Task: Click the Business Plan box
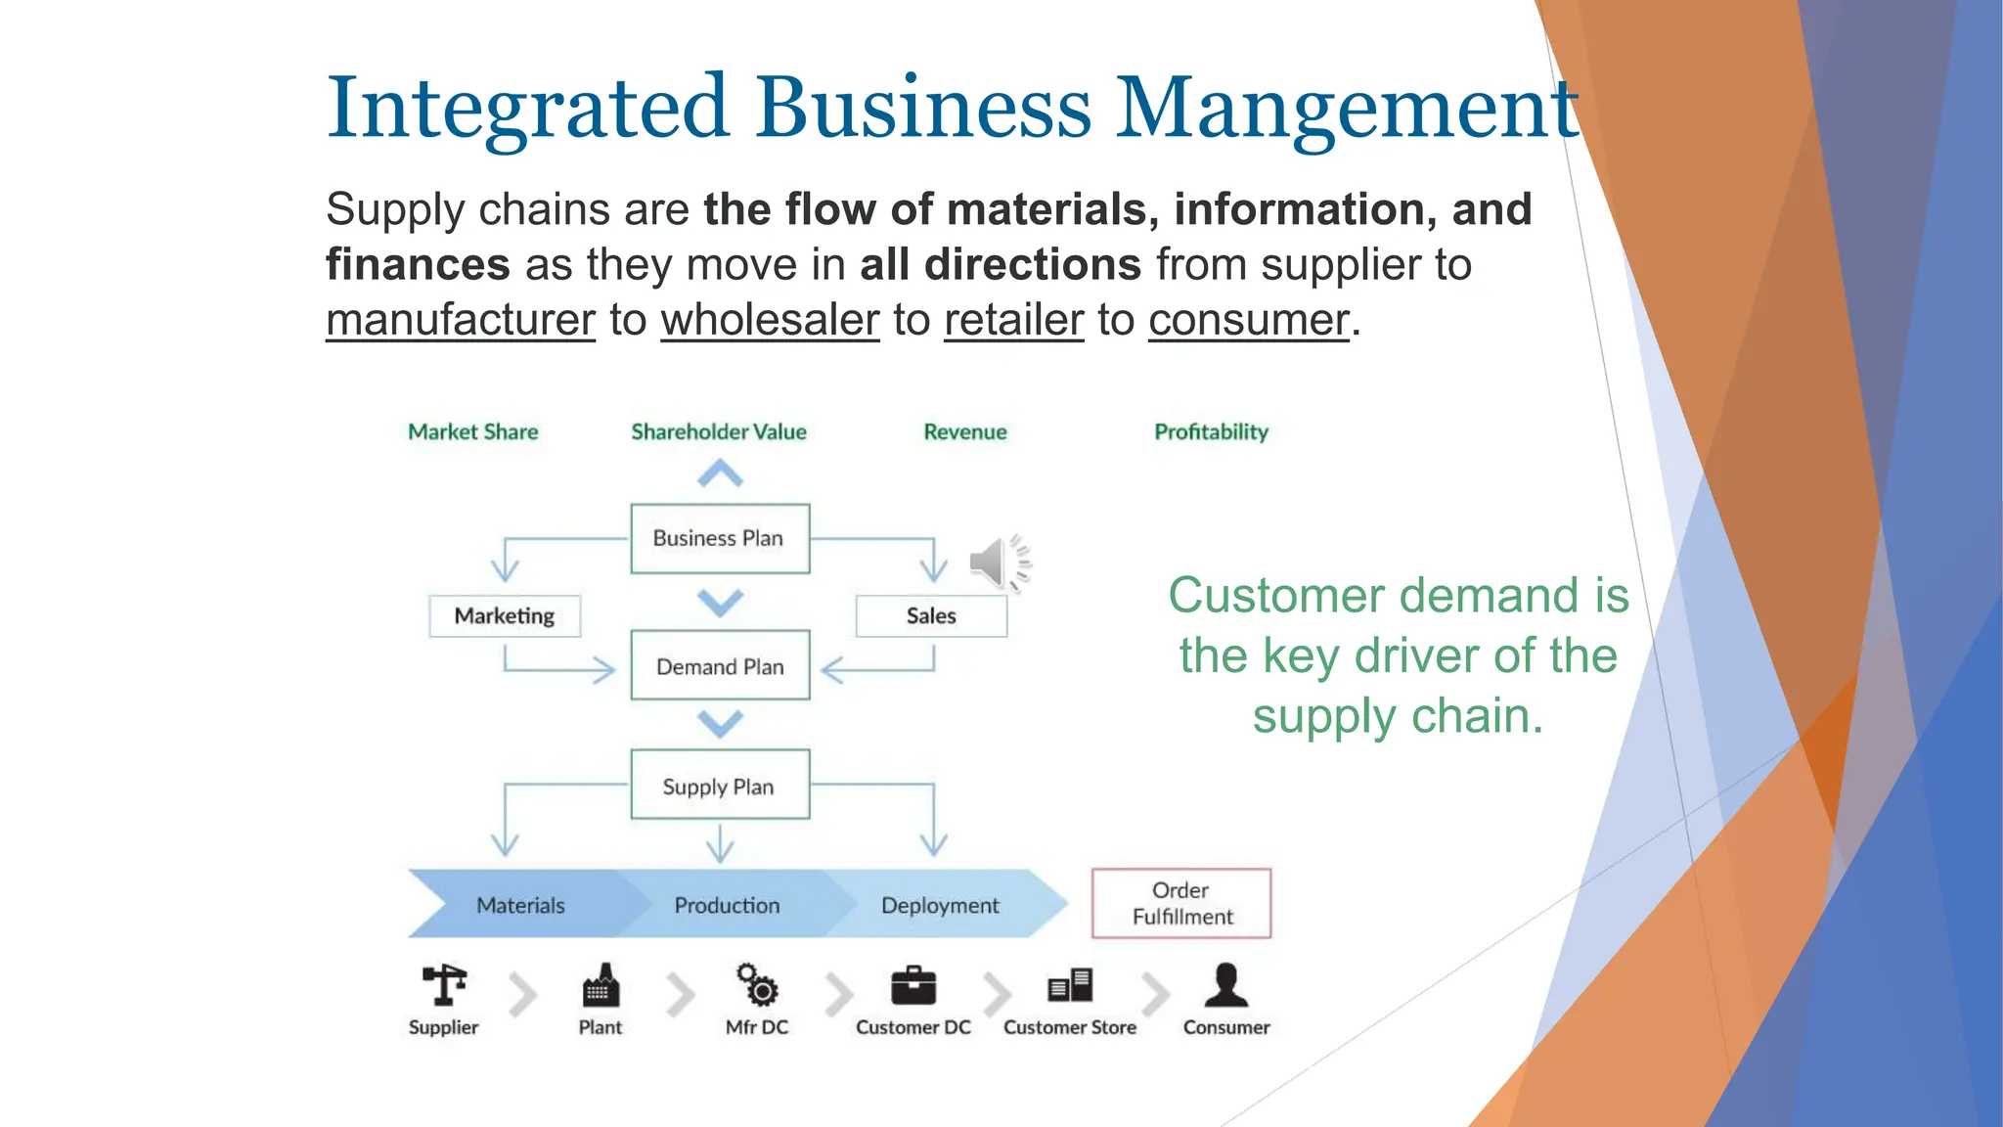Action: [x=720, y=538]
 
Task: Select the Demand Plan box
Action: [x=720, y=666]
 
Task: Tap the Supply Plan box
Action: [x=720, y=785]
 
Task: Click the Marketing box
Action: [x=505, y=615]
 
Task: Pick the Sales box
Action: [x=931, y=615]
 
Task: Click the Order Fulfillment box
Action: [x=1181, y=903]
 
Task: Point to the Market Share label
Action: [x=473, y=431]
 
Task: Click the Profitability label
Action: [x=1211, y=431]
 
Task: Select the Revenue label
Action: [x=965, y=431]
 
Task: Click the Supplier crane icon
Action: [x=444, y=985]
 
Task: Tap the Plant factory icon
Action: [x=601, y=986]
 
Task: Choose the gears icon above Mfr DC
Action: [x=757, y=985]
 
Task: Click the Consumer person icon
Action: [x=1226, y=985]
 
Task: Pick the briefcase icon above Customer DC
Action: [x=913, y=986]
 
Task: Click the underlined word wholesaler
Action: [x=770, y=320]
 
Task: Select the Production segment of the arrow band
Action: [x=727, y=905]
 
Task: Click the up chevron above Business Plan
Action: [x=720, y=475]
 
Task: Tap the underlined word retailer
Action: [x=1013, y=320]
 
